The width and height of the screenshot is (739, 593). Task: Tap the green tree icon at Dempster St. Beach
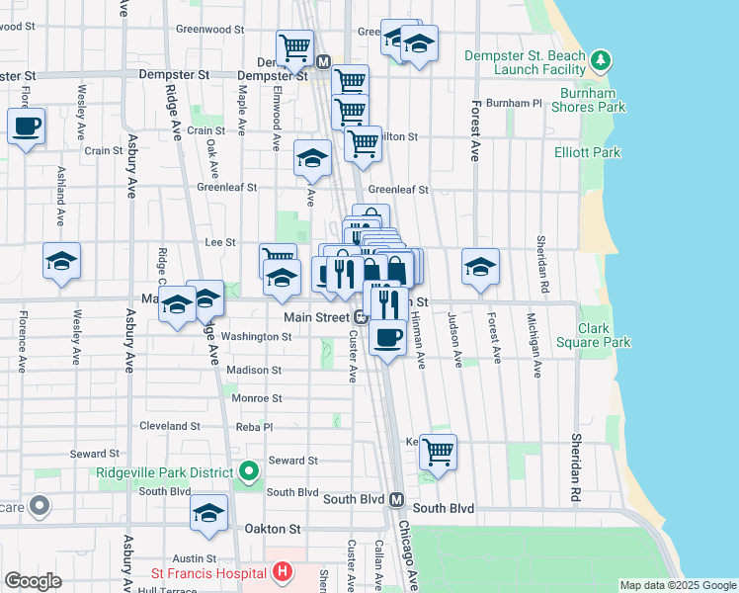600,62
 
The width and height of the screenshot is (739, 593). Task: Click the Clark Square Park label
605,335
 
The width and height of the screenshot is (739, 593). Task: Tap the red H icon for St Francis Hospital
284,571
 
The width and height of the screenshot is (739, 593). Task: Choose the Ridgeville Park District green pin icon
248,472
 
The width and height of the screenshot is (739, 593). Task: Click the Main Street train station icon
362,317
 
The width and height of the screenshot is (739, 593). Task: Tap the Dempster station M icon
323,61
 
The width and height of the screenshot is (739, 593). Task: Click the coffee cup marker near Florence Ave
26,127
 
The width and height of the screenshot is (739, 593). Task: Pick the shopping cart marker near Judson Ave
438,453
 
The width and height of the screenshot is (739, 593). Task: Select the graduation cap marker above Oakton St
208,513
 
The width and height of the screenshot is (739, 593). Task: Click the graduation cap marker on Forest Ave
480,267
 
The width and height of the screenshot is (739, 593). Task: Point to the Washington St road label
257,336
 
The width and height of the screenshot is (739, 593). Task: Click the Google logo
34,581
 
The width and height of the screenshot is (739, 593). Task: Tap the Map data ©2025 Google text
677,585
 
